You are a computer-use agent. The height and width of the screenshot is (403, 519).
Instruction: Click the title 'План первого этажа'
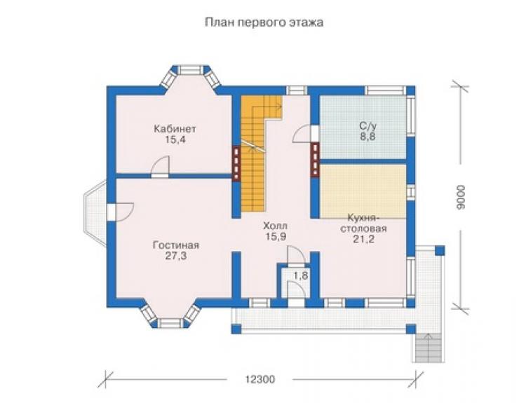pos(264,22)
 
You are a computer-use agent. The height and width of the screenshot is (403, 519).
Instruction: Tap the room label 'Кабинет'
pos(175,128)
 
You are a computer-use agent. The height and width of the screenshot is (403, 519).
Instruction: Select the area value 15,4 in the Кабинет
pos(175,139)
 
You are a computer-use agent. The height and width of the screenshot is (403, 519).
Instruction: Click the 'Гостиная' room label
pos(176,245)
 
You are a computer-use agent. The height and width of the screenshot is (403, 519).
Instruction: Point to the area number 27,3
pos(176,256)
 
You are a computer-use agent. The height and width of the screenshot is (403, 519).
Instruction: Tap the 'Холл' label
pos(275,226)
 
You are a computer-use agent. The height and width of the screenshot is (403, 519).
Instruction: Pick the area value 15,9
pos(276,237)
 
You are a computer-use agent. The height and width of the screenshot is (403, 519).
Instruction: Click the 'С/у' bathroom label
pos(368,125)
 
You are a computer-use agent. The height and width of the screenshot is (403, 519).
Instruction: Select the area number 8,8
pos(368,136)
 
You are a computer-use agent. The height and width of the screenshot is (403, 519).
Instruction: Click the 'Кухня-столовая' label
pos(363,223)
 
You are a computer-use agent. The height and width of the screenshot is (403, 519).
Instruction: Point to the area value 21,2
pos(363,239)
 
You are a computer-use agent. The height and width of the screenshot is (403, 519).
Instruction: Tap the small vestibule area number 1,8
pos(301,275)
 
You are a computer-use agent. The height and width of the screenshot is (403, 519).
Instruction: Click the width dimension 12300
pos(259,379)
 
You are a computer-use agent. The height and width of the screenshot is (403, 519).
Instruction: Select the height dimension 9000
pos(460,197)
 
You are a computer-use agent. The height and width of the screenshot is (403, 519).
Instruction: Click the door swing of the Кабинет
pos(160,165)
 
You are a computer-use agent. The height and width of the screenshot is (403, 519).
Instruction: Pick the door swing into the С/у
pos(302,133)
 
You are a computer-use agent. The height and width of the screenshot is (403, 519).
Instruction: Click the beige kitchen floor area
pos(363,191)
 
